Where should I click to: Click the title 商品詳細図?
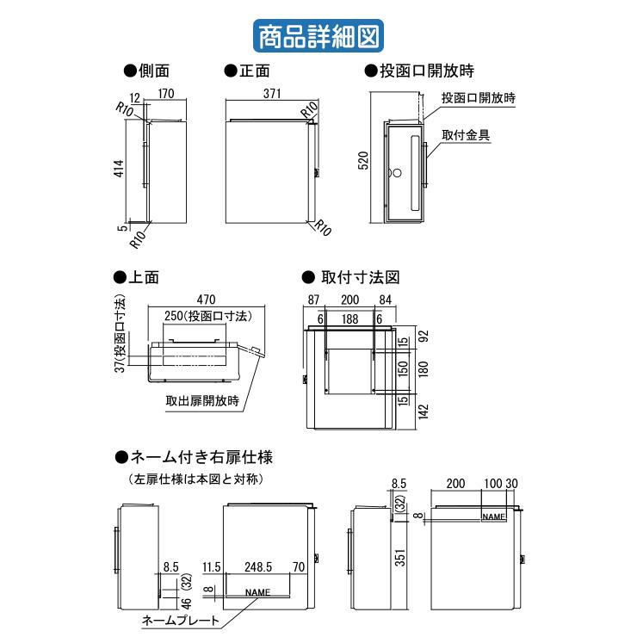click(318, 38)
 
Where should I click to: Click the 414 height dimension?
click(121, 170)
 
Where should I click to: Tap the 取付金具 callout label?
click(467, 136)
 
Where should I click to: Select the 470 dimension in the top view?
click(205, 300)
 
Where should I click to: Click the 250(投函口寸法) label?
click(207, 317)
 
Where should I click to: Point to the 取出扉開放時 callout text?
click(203, 399)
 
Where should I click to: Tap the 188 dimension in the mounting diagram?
click(349, 318)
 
